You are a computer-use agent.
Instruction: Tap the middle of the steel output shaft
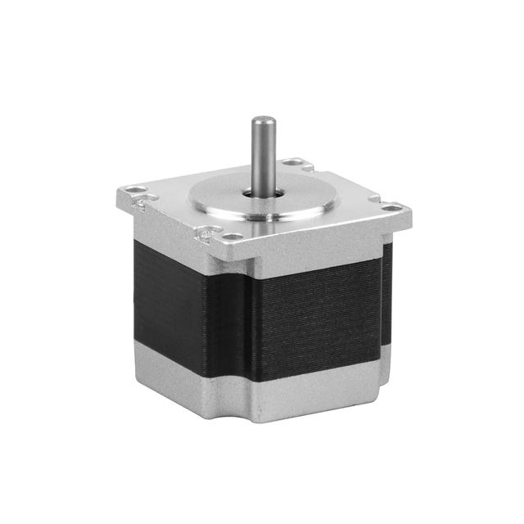click(x=263, y=156)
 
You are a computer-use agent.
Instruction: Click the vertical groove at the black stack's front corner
click(x=246, y=327)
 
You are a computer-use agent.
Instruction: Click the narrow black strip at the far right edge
click(x=387, y=295)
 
